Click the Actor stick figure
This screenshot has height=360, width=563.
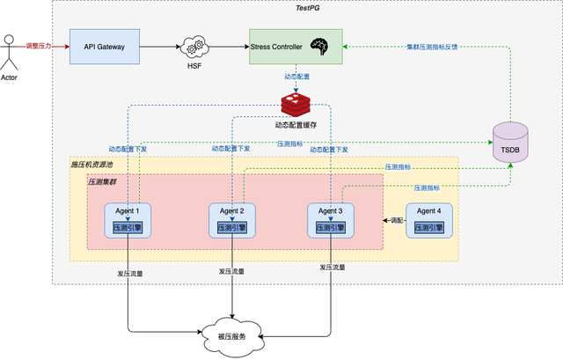(x=11, y=55)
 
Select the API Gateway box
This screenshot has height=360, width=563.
(x=106, y=45)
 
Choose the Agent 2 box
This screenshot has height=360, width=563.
(x=232, y=220)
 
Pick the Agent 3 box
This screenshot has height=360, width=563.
(x=332, y=220)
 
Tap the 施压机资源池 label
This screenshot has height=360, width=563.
(x=93, y=165)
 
